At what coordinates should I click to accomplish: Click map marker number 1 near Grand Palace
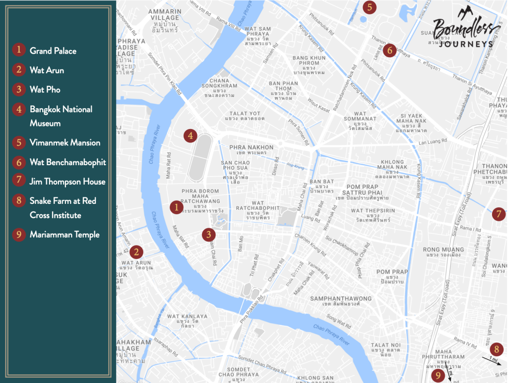coord(176,207)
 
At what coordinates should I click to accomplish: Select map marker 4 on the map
coord(190,135)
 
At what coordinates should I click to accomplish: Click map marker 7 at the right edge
coord(499,214)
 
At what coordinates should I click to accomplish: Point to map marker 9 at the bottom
coord(438,376)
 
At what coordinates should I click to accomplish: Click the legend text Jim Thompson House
coord(67,182)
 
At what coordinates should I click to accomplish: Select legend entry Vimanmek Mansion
coord(65,142)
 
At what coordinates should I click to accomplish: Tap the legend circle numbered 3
coord(19,89)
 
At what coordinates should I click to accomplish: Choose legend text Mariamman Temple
coord(64,235)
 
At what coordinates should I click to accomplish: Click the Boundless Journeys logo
coord(462,33)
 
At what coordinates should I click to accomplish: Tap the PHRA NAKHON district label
coord(251,147)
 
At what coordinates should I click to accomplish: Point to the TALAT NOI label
coord(385,345)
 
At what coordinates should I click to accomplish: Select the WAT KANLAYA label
coord(187,317)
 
